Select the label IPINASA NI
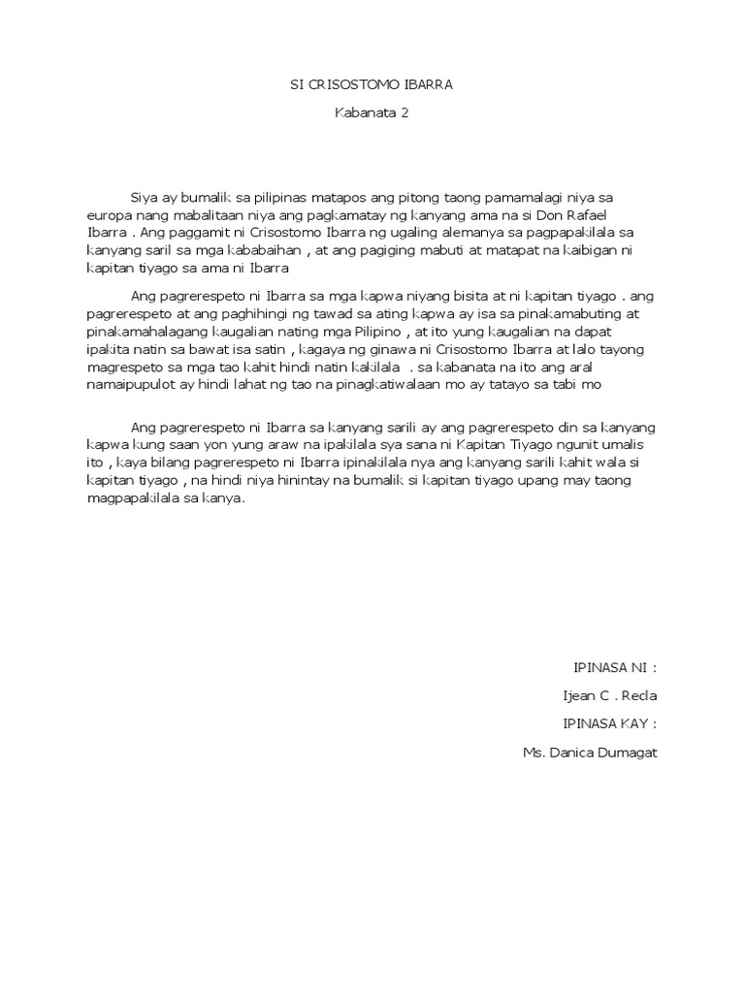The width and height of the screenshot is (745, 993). click(x=614, y=668)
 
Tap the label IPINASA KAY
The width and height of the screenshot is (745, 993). click(x=610, y=723)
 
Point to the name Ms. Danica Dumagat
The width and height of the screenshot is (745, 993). click(x=590, y=752)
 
